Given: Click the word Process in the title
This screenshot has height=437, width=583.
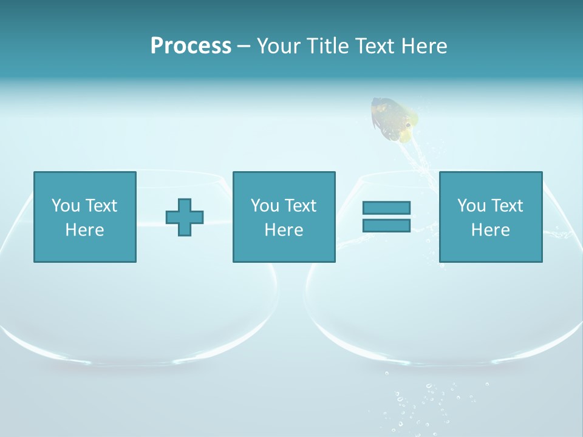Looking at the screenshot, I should (x=191, y=46).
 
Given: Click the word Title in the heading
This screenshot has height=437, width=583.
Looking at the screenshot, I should (x=326, y=46).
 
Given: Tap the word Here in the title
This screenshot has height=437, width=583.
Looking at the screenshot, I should (x=424, y=46).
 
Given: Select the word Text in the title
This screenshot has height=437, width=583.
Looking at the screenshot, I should (x=375, y=46).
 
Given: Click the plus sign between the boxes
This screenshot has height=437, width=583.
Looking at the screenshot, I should (x=185, y=217).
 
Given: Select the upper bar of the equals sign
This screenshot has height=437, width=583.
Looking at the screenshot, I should (x=386, y=208).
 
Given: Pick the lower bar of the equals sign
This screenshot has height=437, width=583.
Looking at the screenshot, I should (x=386, y=225).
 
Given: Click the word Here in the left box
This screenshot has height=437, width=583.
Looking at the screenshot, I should (x=85, y=230).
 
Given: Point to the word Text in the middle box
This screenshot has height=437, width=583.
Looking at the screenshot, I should (x=300, y=206).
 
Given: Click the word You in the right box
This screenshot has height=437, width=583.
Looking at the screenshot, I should (x=471, y=206).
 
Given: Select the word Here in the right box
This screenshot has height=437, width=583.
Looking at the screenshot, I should (x=490, y=230).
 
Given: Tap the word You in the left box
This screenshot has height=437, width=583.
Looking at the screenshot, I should (x=66, y=206).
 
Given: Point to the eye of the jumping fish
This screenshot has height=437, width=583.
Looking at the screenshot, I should (x=408, y=126).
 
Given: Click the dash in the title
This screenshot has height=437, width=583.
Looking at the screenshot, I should (x=244, y=47).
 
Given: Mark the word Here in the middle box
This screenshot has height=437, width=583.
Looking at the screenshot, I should (x=284, y=230).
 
